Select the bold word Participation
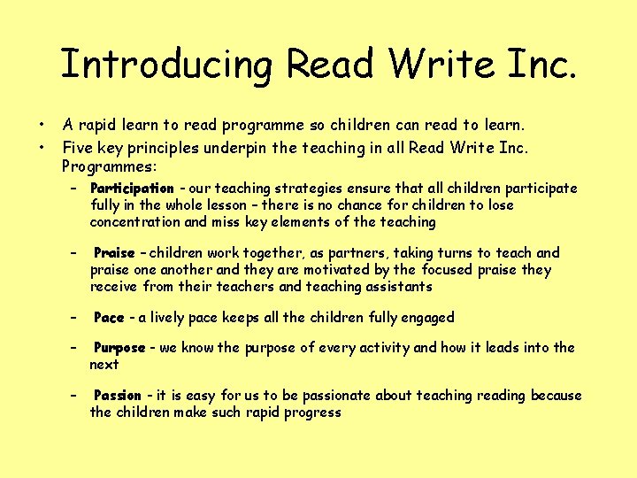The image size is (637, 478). (x=132, y=189)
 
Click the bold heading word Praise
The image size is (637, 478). (x=114, y=253)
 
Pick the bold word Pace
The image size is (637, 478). (x=109, y=318)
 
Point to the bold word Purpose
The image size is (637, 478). (x=119, y=348)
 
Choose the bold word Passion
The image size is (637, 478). (x=118, y=396)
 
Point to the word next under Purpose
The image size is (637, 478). (x=104, y=364)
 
